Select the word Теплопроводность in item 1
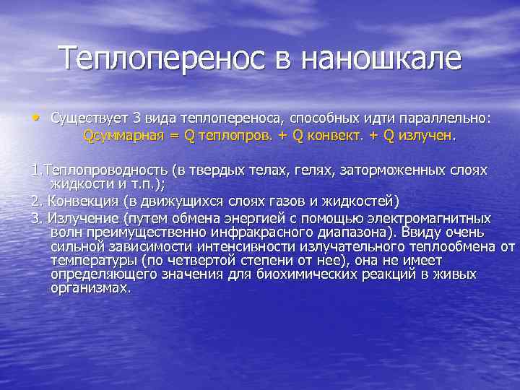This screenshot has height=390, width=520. pyautogui.click(x=108, y=170)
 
